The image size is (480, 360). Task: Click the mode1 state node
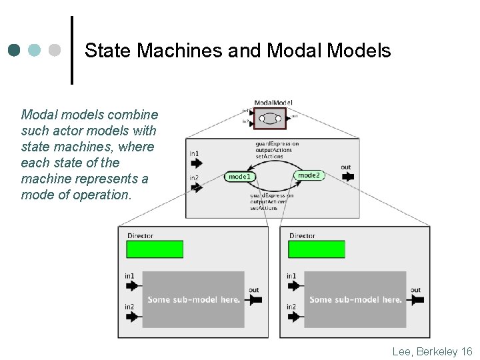click(x=239, y=177)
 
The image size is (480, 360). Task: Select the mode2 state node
click(x=309, y=175)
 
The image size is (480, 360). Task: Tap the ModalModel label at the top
click(x=273, y=102)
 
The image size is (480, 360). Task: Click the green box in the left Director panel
click(x=154, y=249)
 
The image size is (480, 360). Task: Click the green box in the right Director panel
click(x=317, y=249)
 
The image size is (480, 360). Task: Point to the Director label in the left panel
click(x=139, y=235)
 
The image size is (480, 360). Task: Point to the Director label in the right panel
click(x=302, y=235)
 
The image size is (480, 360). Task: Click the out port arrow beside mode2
click(x=347, y=177)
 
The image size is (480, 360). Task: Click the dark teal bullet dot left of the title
click(x=15, y=50)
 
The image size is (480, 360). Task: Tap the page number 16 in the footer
click(x=466, y=351)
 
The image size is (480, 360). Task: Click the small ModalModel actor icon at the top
click(x=270, y=118)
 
